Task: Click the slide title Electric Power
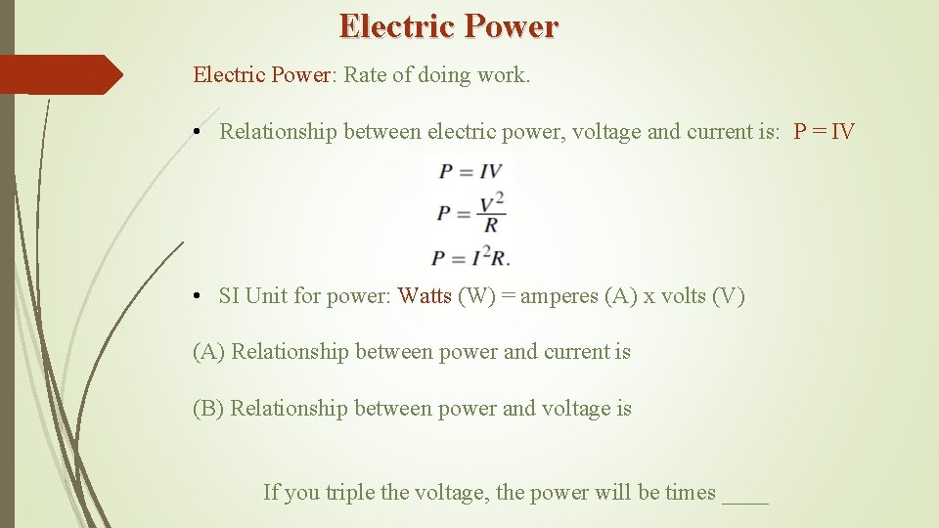(449, 26)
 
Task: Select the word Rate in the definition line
(365, 75)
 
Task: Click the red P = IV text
(824, 132)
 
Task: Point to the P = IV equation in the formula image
(469, 171)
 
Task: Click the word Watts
(425, 296)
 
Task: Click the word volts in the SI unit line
(683, 296)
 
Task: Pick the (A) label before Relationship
(208, 352)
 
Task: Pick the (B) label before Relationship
(208, 409)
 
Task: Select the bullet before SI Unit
(197, 296)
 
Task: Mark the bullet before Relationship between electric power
(197, 132)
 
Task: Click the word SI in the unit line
(229, 296)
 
